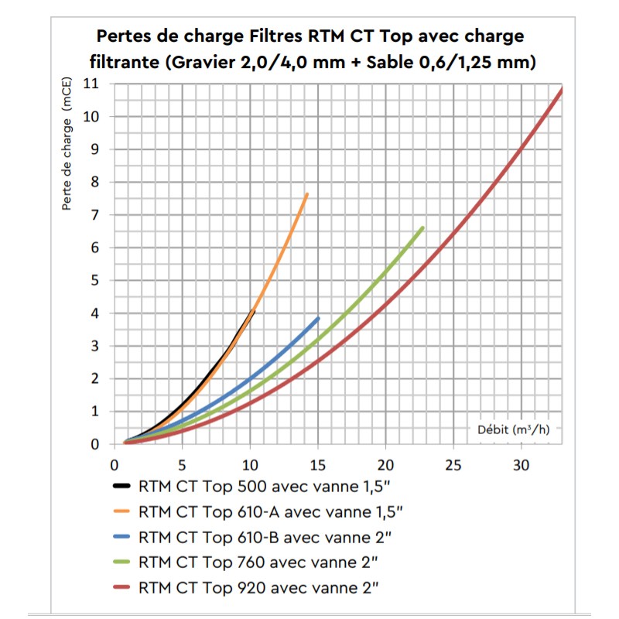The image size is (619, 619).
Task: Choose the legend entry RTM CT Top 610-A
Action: tap(270, 512)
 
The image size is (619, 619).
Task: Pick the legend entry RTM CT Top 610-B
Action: tap(264, 536)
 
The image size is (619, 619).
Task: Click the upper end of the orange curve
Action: tap(307, 194)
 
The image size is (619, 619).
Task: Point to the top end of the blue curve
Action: tap(318, 318)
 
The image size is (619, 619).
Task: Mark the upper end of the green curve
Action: tap(422, 227)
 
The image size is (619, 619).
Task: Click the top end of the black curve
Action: tap(254, 310)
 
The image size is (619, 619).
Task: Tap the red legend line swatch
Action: tap(122, 586)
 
